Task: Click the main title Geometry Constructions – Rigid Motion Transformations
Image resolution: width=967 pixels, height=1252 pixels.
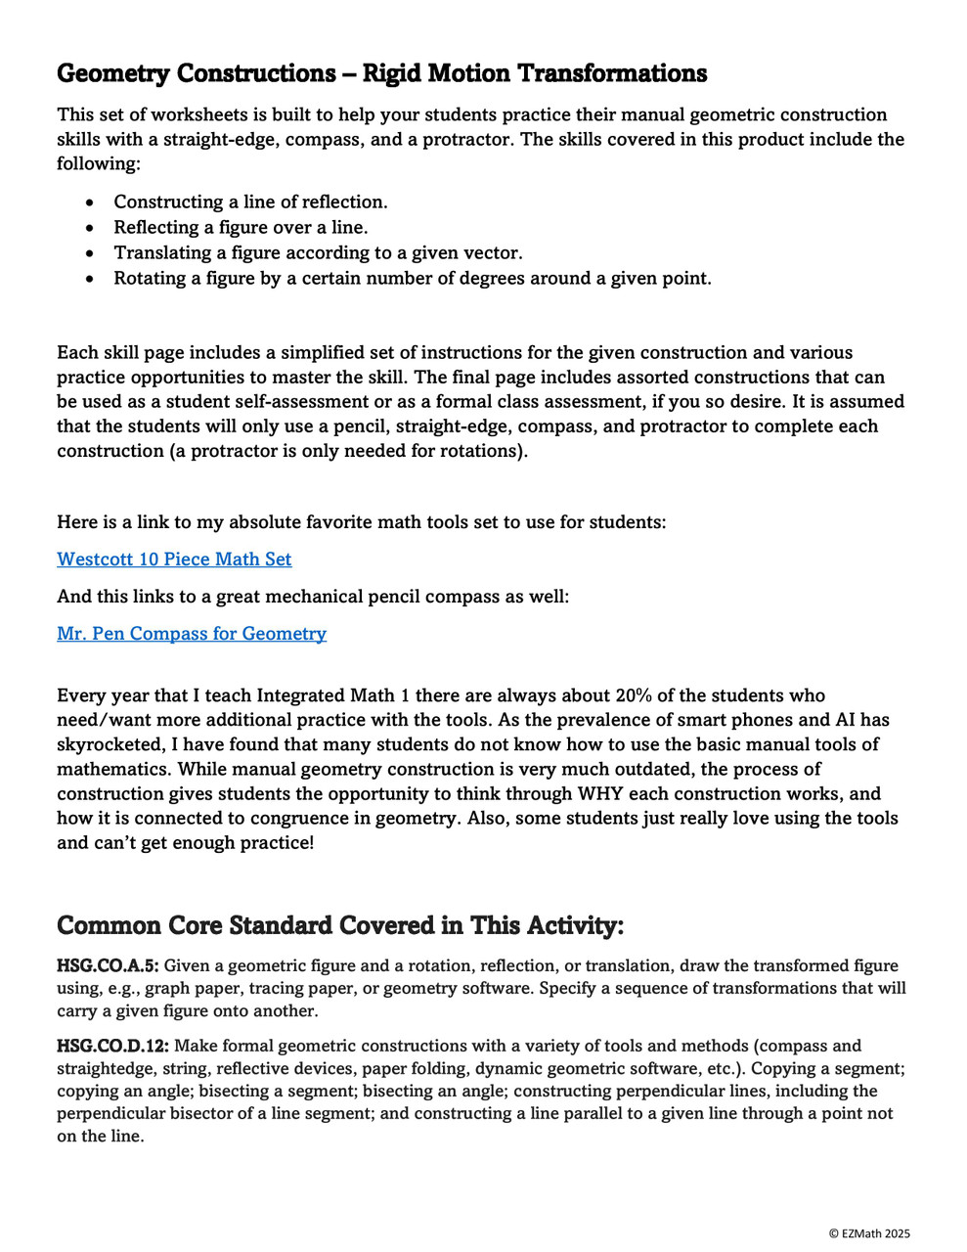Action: (x=381, y=73)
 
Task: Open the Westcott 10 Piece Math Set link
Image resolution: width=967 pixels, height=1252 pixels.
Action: (x=174, y=559)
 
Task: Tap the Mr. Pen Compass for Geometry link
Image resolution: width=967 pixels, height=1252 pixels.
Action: (x=192, y=634)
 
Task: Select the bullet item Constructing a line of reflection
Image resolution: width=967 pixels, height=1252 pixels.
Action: (x=250, y=202)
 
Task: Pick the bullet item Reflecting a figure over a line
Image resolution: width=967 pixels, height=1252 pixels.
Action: (x=241, y=228)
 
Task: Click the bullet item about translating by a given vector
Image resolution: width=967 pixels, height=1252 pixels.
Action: (x=318, y=253)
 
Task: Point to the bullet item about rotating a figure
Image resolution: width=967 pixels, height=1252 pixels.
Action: (x=412, y=279)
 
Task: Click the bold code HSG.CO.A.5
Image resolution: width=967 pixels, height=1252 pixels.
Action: (x=108, y=966)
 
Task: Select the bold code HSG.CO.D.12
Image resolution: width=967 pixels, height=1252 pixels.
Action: (x=112, y=1047)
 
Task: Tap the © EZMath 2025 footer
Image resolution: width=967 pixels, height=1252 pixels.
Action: (x=869, y=1234)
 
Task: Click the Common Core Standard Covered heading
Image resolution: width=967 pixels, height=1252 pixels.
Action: (x=339, y=925)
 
